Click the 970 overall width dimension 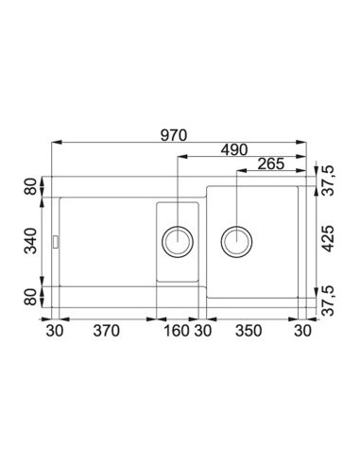(174, 135)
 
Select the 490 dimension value (234, 150)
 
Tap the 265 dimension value (271, 164)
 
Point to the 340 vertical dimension (31, 241)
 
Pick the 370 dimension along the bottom (107, 331)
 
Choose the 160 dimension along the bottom (177, 331)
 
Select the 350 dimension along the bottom (249, 331)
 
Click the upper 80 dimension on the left (31, 186)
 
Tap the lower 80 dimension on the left (31, 297)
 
